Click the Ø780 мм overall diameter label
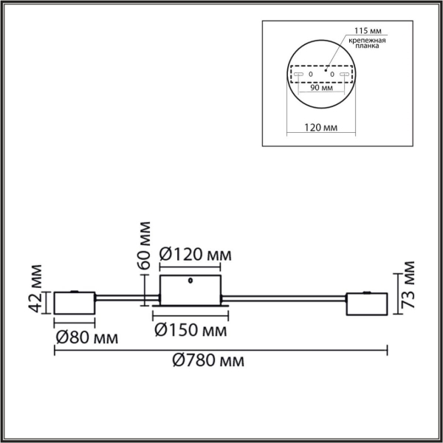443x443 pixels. (207, 361)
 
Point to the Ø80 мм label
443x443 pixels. (87, 339)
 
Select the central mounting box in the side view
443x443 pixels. (190, 289)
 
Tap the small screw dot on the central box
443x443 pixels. (191, 281)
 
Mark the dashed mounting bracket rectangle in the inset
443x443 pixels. (320, 75)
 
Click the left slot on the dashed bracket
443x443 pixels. (300, 75)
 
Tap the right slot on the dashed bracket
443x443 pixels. (342, 75)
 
